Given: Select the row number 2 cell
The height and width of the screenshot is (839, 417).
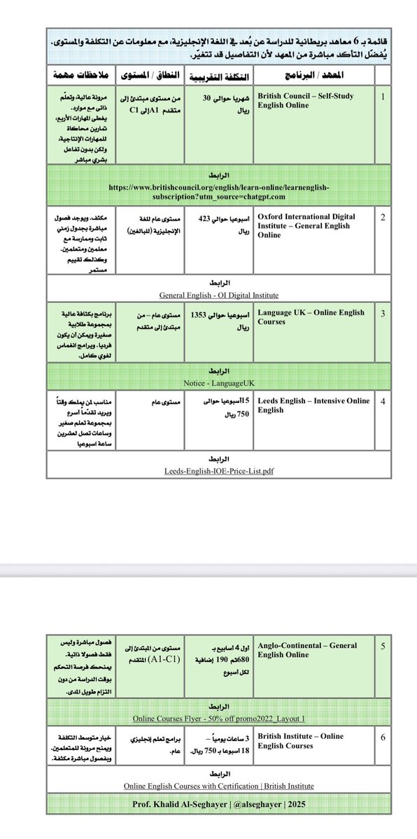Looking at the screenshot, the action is pos(382,218).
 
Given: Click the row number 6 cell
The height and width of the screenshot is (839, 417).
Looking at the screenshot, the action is pos(382,737).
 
